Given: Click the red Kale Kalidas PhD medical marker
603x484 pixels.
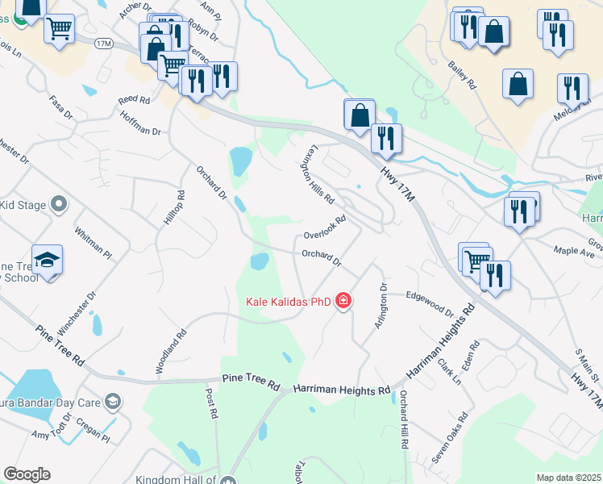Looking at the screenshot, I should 343,302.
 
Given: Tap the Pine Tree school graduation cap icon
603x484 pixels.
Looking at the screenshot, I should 48,261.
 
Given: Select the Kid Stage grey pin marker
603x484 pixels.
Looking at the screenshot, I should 58,205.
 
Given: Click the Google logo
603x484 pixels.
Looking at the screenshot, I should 27,474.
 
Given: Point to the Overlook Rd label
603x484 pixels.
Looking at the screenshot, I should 325,227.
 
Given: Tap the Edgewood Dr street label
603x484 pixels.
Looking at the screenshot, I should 430,302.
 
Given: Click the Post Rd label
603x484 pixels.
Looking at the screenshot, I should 211,403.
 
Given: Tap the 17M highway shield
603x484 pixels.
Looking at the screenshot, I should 102,42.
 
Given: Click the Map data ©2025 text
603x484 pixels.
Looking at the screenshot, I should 568,478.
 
